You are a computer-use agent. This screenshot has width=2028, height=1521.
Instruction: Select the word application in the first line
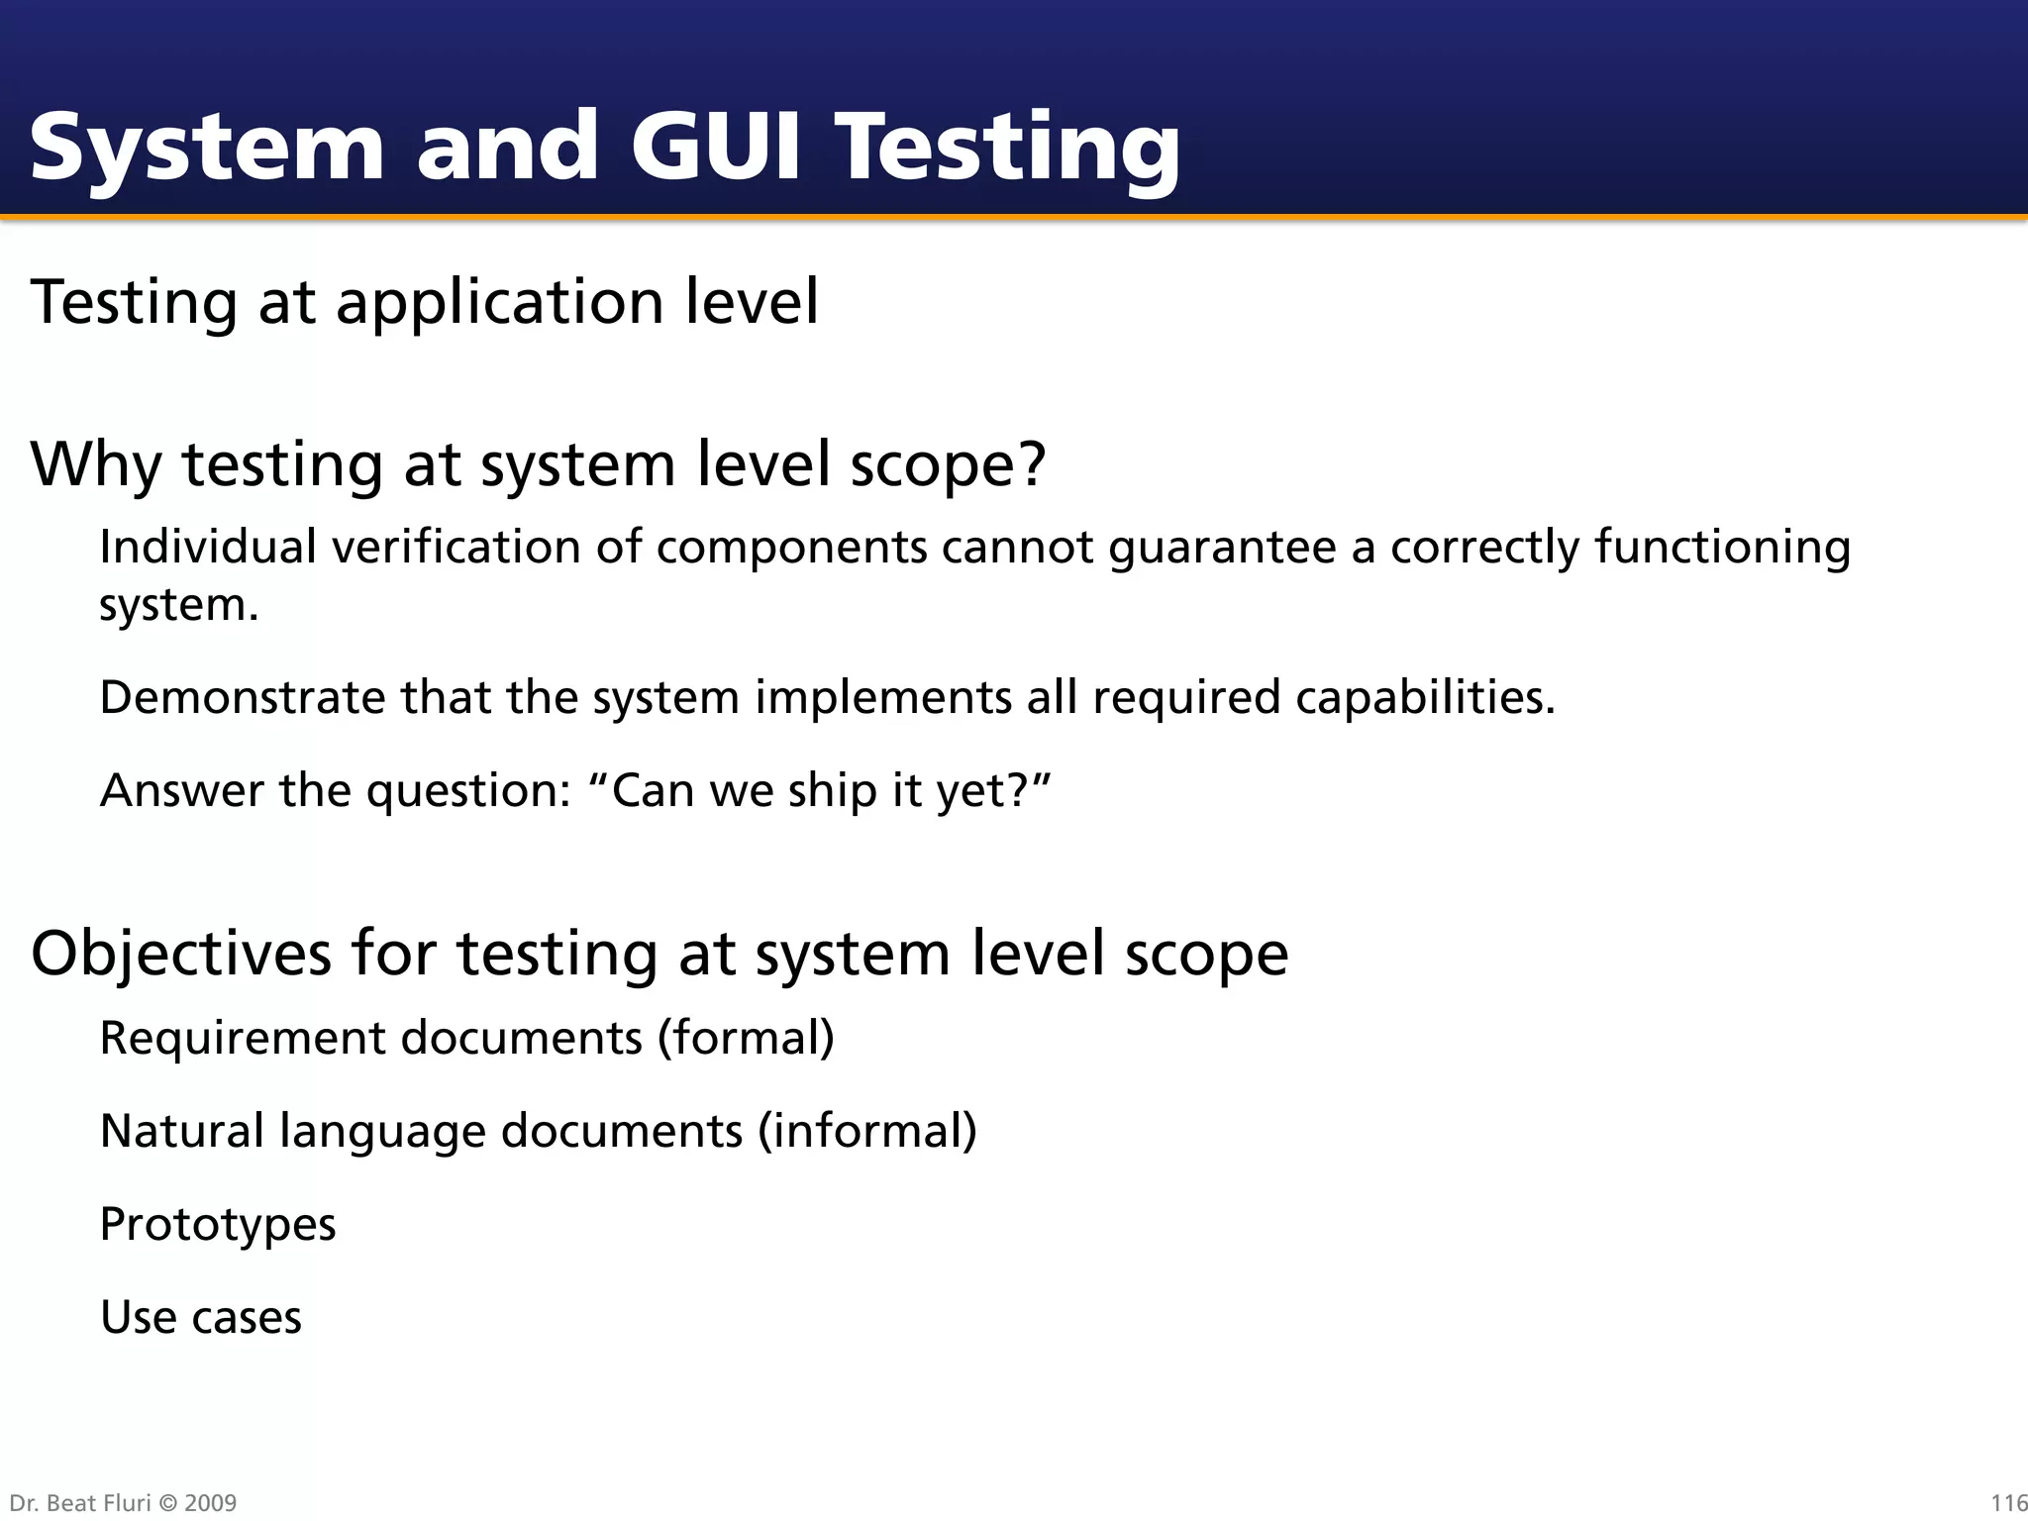point(500,302)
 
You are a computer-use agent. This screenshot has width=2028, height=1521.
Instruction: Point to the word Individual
point(208,547)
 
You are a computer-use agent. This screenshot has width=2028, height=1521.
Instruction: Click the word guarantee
point(1222,549)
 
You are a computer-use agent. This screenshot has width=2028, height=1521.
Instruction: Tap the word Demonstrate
point(243,697)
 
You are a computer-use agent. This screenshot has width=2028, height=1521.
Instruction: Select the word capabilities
point(1425,697)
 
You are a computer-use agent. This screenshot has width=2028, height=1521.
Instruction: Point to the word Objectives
point(181,954)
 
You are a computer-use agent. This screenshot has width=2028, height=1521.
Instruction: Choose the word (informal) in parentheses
point(867,1131)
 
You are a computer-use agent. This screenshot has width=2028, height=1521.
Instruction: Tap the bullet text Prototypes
point(218,1225)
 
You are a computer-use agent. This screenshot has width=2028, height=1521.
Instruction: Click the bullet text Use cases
point(201,1317)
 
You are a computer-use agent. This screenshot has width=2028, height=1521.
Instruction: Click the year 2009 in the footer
point(210,1503)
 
